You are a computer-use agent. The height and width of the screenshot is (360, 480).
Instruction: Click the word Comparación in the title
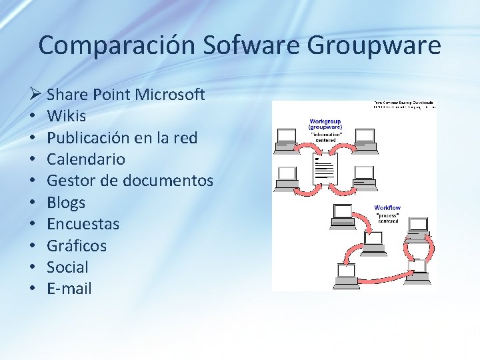(x=116, y=45)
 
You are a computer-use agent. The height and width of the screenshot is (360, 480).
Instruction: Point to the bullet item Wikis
(x=67, y=116)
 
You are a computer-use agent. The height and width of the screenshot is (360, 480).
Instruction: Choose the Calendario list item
(x=86, y=159)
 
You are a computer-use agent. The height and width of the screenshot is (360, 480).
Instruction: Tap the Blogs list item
(x=66, y=203)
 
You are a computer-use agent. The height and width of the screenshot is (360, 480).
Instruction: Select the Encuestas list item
(x=83, y=224)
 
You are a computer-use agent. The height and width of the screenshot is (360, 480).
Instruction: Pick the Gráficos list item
(x=77, y=246)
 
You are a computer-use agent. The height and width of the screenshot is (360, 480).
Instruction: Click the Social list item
(x=67, y=267)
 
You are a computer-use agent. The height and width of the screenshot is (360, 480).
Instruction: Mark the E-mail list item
(x=69, y=289)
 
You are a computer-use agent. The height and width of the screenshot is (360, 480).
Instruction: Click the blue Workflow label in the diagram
(x=387, y=208)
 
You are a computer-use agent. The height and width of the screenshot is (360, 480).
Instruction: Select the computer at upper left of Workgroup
(x=287, y=136)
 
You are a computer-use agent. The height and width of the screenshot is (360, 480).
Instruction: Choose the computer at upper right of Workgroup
(x=365, y=136)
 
